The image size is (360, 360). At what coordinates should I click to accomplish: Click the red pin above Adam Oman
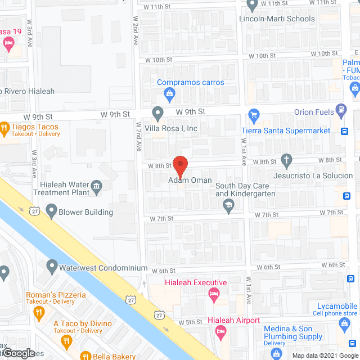click(x=180, y=166)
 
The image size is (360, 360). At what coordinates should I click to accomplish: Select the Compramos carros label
click(x=190, y=82)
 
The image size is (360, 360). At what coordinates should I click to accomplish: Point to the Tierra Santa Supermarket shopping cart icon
click(x=253, y=115)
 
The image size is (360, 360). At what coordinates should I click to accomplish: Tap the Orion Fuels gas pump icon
click(x=340, y=110)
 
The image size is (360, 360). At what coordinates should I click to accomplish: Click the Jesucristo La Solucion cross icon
click(x=286, y=160)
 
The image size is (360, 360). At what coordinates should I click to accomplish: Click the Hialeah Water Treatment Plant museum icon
click(x=97, y=187)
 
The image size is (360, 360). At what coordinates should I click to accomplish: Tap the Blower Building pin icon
click(x=52, y=212)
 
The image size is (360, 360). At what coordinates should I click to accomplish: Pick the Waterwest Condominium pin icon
click(x=52, y=265)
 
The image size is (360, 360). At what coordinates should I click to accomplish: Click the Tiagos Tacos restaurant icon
click(x=4, y=129)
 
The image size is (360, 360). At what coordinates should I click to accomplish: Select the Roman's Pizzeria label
click(x=56, y=295)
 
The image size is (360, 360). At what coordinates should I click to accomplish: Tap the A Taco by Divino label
click(x=83, y=323)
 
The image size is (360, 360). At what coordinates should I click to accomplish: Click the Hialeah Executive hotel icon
click(x=213, y=293)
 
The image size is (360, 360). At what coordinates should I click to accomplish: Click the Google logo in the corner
click(x=19, y=353)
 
